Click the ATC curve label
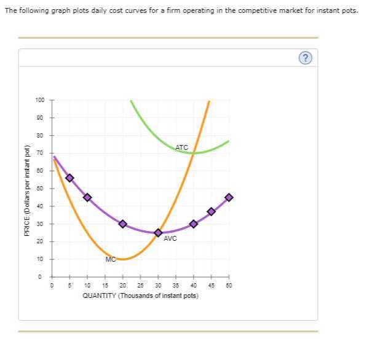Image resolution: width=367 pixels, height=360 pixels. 182,147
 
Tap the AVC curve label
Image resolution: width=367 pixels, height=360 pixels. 170,238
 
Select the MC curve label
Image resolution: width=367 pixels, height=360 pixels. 111,259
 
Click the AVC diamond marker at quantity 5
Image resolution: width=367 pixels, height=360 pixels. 69,178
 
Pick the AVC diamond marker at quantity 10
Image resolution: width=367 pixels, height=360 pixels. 87,197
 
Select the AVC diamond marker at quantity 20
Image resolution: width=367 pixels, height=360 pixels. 123,224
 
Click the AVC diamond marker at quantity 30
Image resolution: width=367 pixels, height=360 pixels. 158,233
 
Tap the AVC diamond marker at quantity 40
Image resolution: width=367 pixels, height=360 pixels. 194,224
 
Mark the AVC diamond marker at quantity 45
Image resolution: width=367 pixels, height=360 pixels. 211,211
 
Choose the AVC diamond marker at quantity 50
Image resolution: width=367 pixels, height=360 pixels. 229,197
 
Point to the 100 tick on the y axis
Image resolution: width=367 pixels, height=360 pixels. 40,100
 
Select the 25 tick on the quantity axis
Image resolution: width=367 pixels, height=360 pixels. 140,286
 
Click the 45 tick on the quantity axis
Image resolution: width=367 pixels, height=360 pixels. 211,286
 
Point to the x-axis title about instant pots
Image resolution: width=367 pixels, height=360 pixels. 140,295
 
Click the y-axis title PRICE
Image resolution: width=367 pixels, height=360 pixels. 26,190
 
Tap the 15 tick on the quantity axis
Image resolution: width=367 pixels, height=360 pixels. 105,286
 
